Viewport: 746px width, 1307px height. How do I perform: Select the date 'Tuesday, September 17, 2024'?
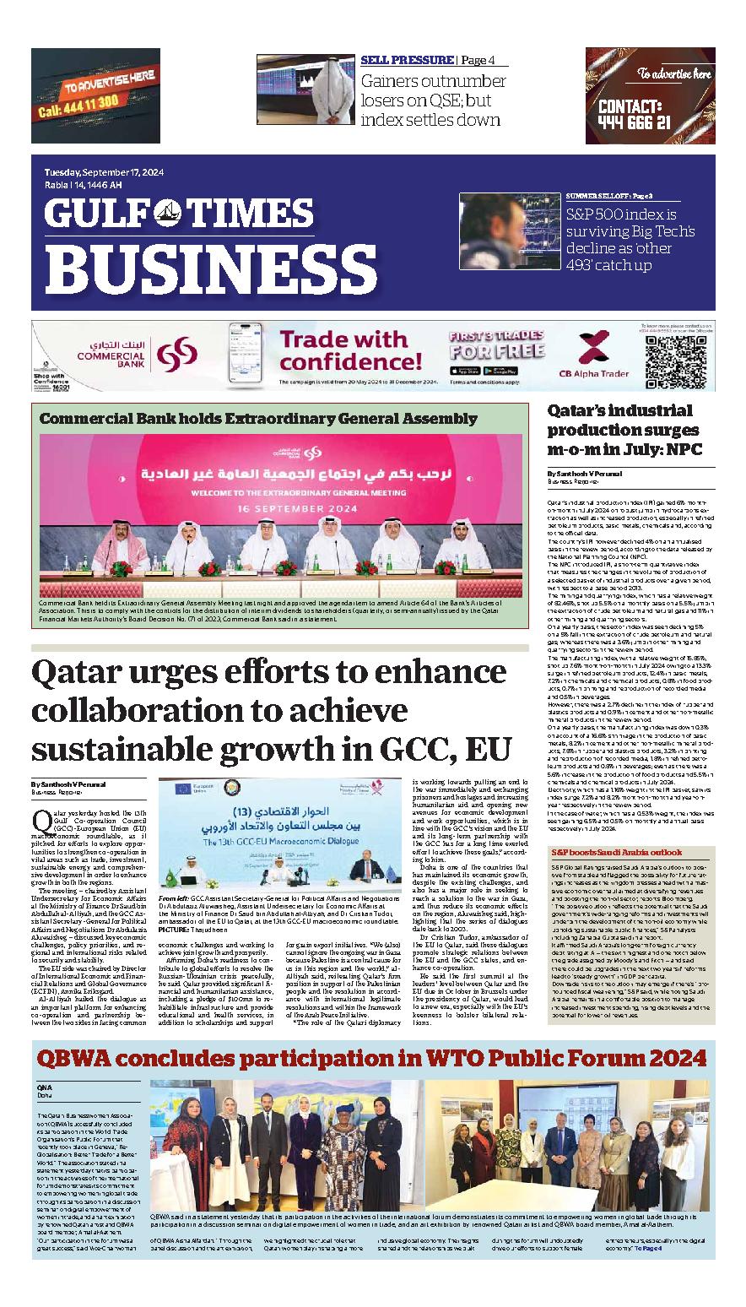coord(104,172)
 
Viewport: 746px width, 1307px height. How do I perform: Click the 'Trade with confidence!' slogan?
coord(349,351)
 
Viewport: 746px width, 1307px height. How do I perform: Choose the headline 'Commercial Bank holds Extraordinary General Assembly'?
coord(258,419)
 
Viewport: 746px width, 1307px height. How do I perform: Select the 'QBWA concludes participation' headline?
coord(370,1057)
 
